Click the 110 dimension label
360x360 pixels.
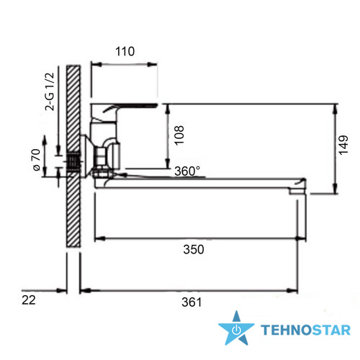[125, 51]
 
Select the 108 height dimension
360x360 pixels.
[179, 135]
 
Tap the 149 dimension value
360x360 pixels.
[343, 145]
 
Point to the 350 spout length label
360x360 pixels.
[194, 249]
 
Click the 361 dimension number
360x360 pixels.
[192, 302]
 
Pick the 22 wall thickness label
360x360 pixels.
[29, 300]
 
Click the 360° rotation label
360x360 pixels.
[187, 171]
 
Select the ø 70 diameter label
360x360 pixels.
[36, 160]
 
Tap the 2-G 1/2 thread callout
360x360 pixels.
[50, 91]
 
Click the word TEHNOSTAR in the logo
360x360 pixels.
[305, 330]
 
